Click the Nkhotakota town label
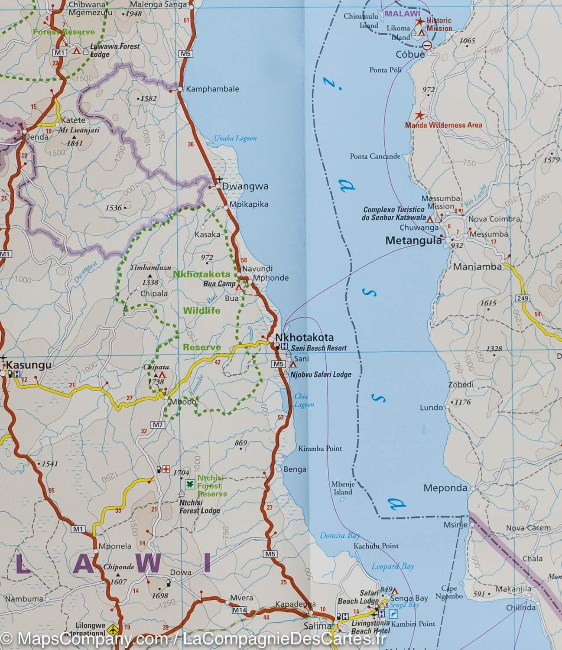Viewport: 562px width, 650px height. pyautogui.click(x=304, y=337)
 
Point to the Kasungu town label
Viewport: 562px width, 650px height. pyautogui.click(x=29, y=365)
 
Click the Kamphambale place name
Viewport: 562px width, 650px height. pyautogui.click(x=212, y=89)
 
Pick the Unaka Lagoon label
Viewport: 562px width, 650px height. pyautogui.click(x=235, y=138)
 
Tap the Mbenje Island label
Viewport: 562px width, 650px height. pyautogui.click(x=343, y=488)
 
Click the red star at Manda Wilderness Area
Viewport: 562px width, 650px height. pyautogui.click(x=419, y=116)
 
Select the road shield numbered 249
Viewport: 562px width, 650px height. pyautogui.click(x=523, y=298)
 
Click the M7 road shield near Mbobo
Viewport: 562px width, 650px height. pyautogui.click(x=157, y=425)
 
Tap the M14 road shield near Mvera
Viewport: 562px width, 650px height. pyautogui.click(x=239, y=610)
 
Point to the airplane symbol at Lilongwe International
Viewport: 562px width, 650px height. pyautogui.click(x=114, y=628)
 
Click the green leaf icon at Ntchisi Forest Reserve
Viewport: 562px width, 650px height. pyautogui.click(x=189, y=484)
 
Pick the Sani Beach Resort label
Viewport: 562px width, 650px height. pyautogui.click(x=318, y=348)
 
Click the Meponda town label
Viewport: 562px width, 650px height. pyautogui.click(x=445, y=488)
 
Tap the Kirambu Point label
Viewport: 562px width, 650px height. pyautogui.click(x=320, y=448)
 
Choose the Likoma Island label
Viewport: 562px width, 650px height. pyautogui.click(x=398, y=32)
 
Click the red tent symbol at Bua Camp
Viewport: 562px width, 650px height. pyautogui.click(x=238, y=287)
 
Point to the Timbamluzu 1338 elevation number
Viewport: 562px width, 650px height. pyautogui.click(x=150, y=283)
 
